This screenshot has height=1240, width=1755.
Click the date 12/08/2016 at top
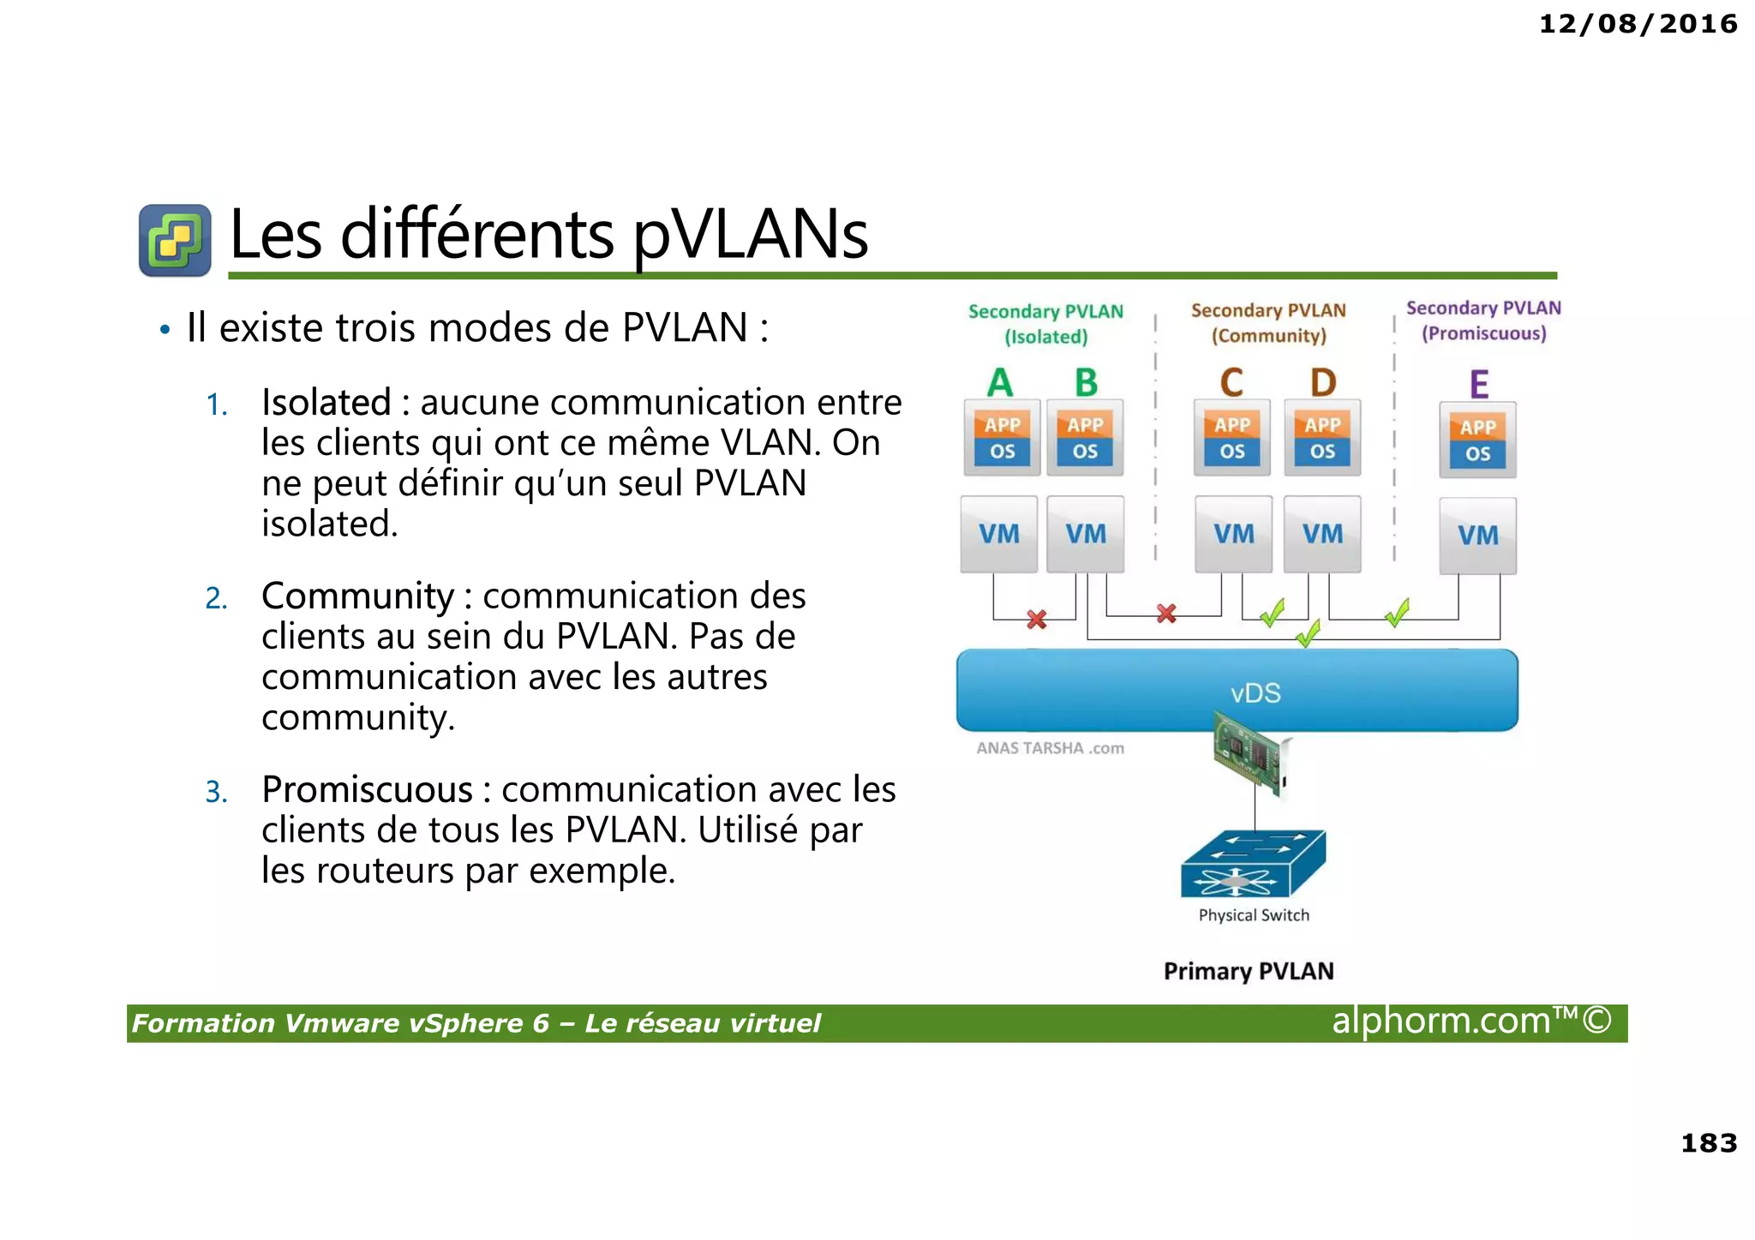click(x=1638, y=24)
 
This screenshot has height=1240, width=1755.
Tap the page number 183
click(x=1708, y=1142)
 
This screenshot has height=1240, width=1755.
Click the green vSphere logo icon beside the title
click(x=175, y=240)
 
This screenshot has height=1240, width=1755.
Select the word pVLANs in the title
click(x=751, y=236)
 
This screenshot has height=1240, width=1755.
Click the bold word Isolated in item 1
click(x=326, y=403)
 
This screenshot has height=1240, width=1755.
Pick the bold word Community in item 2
click(x=357, y=596)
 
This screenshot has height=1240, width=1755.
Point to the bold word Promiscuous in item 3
click(x=367, y=790)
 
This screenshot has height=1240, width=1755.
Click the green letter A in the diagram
click(x=999, y=382)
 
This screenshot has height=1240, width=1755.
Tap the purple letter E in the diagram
click(x=1478, y=385)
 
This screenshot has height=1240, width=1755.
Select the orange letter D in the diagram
click(x=1322, y=382)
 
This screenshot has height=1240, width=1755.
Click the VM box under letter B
click(x=1086, y=534)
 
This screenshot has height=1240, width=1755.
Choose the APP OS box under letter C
click(x=1231, y=438)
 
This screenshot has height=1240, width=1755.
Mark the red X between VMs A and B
click(x=1036, y=619)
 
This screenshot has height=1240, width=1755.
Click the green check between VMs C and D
click(x=1273, y=613)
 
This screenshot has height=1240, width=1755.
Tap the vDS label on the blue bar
click(x=1255, y=692)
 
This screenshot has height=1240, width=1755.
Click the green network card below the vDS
click(x=1251, y=754)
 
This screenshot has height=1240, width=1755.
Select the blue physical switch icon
click(x=1252, y=864)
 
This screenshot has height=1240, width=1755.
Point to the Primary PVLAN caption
click(x=1248, y=971)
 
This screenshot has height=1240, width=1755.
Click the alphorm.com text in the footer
click(x=1470, y=1021)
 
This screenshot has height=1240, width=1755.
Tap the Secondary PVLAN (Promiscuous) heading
click(x=1483, y=320)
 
